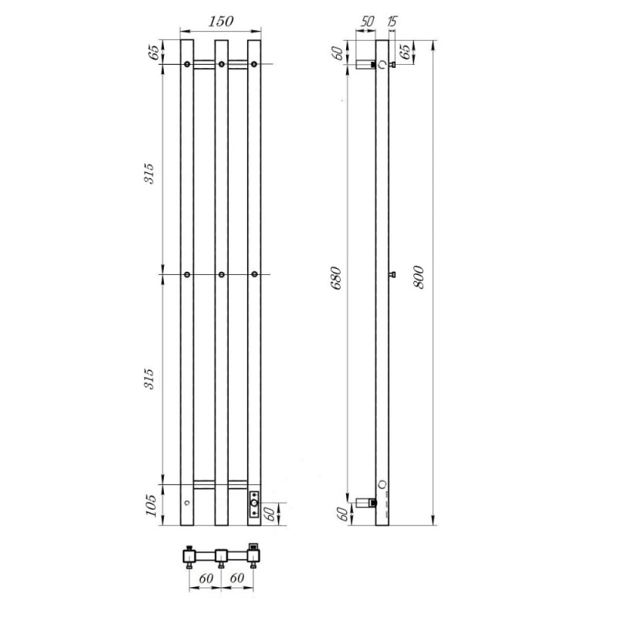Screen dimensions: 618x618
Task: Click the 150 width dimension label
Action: [x=221, y=22]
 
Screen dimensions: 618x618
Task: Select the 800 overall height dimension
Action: [x=419, y=277]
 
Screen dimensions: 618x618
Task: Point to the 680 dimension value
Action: [x=336, y=278]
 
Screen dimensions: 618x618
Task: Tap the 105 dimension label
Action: [x=151, y=505]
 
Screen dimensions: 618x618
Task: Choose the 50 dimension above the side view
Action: [x=367, y=21]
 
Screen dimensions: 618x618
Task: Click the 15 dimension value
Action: [x=392, y=21]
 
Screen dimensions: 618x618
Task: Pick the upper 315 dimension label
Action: [x=149, y=173]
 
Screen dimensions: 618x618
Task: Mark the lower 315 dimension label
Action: [x=149, y=379]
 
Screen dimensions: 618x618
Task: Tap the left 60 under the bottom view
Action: [x=205, y=578]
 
